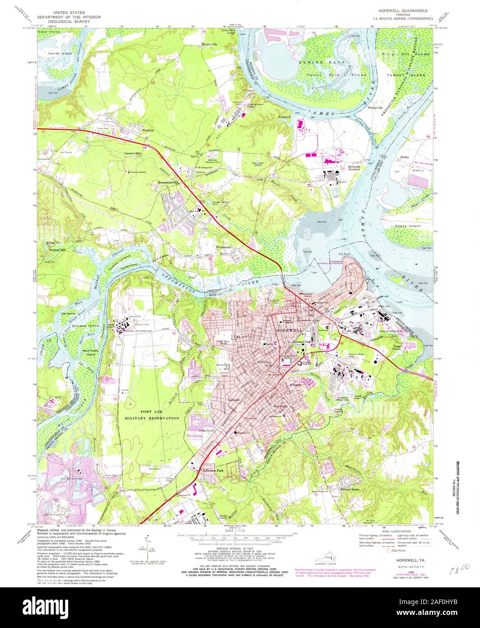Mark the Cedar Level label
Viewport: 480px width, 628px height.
(x=205, y=431)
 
